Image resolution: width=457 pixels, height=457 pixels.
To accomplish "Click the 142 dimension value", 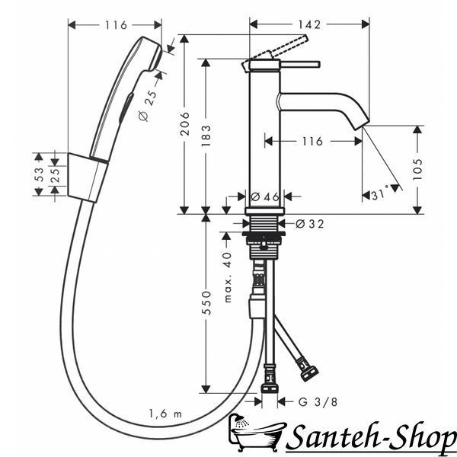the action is point(309,25).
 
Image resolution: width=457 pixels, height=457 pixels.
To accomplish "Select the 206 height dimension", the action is point(184,123).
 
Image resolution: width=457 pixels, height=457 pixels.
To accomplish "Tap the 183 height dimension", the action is point(206,136).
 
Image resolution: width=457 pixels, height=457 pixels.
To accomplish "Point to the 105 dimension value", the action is point(417,169).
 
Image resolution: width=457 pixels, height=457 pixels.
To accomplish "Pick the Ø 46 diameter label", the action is point(265,197).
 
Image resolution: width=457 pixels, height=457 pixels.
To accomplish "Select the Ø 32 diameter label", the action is point(309,224).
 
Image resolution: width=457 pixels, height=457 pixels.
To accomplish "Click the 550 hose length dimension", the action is point(206,302).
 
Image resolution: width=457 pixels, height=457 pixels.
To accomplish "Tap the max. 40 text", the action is point(228,277).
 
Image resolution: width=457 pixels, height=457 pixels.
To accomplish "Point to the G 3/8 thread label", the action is point(318,402).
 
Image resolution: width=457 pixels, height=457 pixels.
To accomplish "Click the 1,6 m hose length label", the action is point(165,414).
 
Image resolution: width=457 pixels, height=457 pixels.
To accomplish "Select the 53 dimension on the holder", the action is point(39,174).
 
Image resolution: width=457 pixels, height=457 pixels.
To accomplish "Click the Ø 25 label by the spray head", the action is point(148,106).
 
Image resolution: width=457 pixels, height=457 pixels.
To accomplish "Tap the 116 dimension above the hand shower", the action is point(116,25).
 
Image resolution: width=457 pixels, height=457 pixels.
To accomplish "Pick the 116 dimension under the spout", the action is point(312,142).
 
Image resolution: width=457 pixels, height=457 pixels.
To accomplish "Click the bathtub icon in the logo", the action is point(256,431).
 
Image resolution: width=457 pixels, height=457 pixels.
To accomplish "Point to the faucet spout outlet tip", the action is point(362,124).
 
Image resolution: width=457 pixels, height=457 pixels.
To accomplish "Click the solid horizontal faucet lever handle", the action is point(300,65).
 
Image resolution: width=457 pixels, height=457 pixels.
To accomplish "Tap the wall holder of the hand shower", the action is point(87,177).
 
